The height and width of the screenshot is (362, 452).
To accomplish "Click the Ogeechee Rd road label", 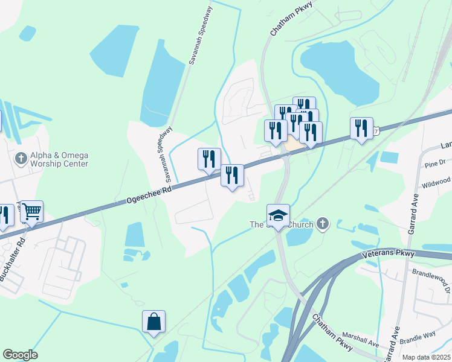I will (149, 196).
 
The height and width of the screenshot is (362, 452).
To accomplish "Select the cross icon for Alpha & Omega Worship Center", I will (21, 158).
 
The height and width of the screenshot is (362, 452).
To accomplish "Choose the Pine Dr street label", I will (434, 162).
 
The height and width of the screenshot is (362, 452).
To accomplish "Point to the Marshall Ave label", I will (360, 340).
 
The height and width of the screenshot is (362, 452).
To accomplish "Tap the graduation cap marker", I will (278, 215).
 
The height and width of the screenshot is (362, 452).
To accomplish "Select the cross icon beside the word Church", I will (323, 224).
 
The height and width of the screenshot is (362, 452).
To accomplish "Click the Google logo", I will (20, 355).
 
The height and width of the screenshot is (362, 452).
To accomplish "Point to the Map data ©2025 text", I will (426, 357).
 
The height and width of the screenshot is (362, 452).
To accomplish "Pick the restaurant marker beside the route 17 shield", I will (361, 128).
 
